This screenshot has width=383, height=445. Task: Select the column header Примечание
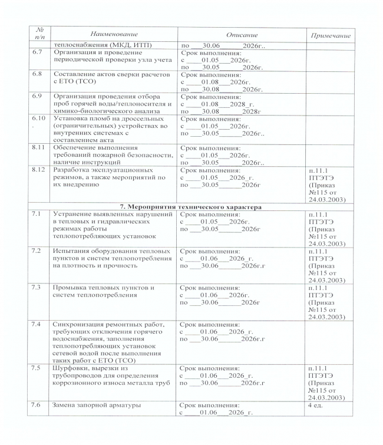click(330, 37)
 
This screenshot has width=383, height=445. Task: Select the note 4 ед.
click(317, 406)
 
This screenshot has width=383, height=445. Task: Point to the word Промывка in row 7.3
click(72, 288)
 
